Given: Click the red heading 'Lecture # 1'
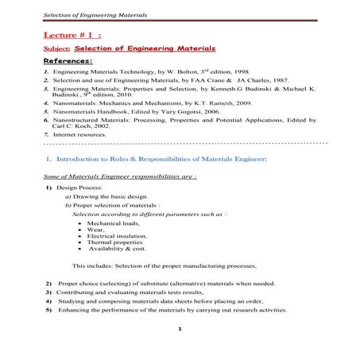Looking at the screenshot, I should pos(72,35).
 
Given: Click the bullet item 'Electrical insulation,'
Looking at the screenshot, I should pos(119,236).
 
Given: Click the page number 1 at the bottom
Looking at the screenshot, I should pos(180,328).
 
